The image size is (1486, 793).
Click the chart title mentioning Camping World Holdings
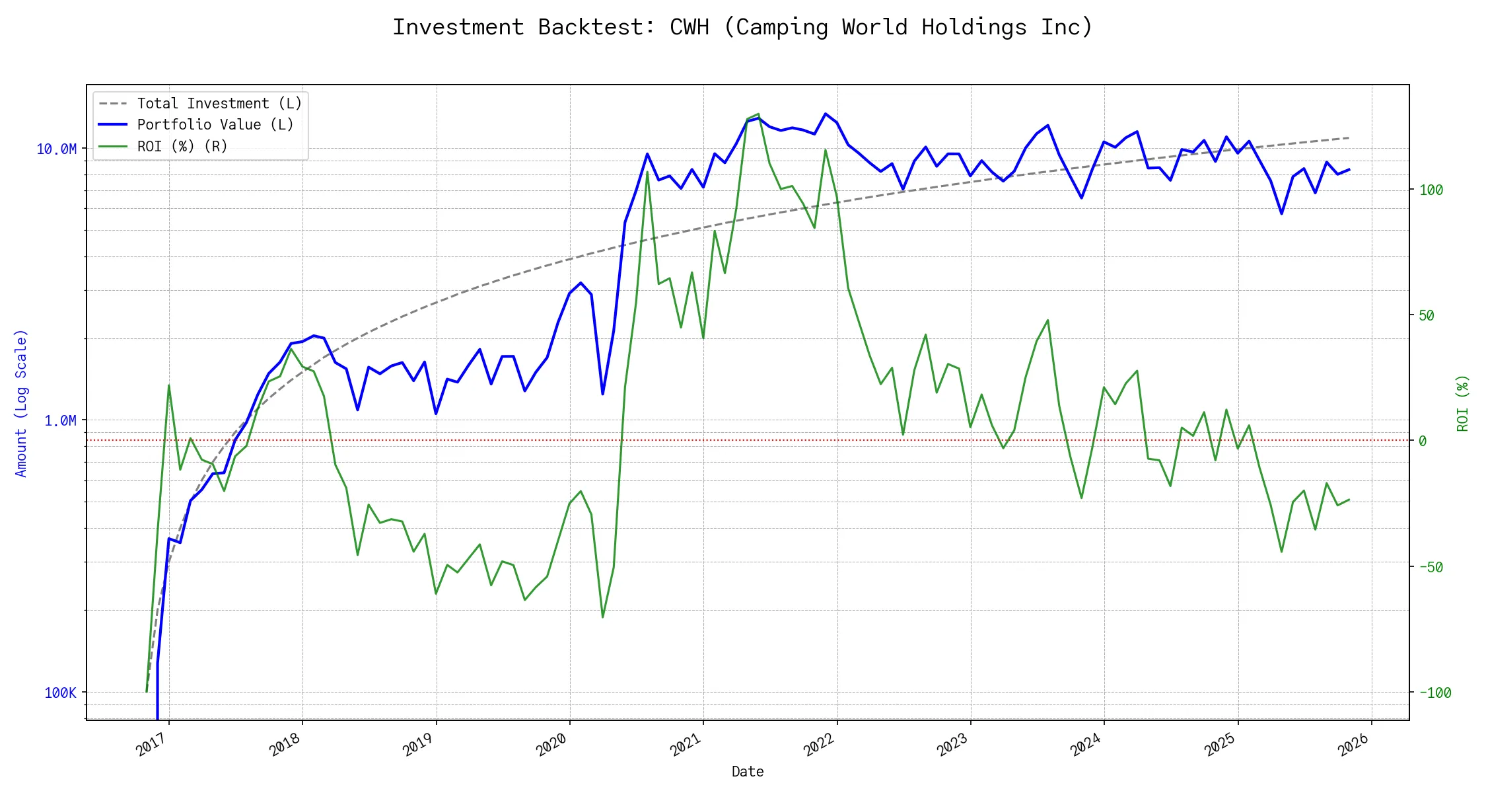pyautogui.click(x=742, y=28)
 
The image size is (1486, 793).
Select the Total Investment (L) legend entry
pyautogui.click(x=219, y=104)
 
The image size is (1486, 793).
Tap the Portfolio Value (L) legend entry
pyautogui.click(x=215, y=125)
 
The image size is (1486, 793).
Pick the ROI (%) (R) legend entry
pyautogui.click(x=182, y=146)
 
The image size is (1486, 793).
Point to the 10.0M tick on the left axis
pyautogui.click(x=57, y=149)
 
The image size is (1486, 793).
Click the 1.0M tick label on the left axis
pyautogui.click(x=60, y=421)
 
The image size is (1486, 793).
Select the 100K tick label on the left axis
pyautogui.click(x=61, y=693)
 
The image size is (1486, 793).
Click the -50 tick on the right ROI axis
pyautogui.click(x=1431, y=567)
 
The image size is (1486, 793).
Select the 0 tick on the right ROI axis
pyautogui.click(x=1423, y=441)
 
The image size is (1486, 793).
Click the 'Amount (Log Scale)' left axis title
pyautogui.click(x=21, y=403)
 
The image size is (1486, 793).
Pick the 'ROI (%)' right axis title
pyautogui.click(x=1462, y=403)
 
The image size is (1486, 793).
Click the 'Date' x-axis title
pyautogui.click(x=748, y=771)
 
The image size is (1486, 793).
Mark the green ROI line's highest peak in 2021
pyautogui.click(x=758, y=114)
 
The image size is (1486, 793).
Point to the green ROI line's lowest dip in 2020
pyautogui.click(x=603, y=617)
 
